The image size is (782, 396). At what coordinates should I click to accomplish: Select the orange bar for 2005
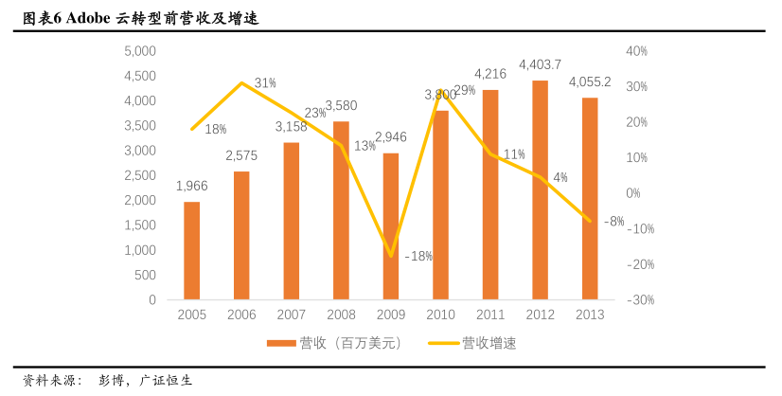pos(192,251)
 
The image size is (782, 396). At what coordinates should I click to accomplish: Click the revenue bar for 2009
pos(391,226)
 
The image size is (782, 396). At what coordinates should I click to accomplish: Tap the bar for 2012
pos(540,190)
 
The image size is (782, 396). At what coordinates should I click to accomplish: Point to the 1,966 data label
pos(192,186)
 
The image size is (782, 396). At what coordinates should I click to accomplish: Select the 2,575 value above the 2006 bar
pos(241,155)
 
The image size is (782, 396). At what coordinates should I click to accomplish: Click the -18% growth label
pos(418,256)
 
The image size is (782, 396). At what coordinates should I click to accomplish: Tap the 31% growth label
pos(265,83)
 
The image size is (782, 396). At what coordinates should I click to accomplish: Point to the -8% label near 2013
pos(613,222)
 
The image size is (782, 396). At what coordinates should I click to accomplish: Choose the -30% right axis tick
pos(640,300)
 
